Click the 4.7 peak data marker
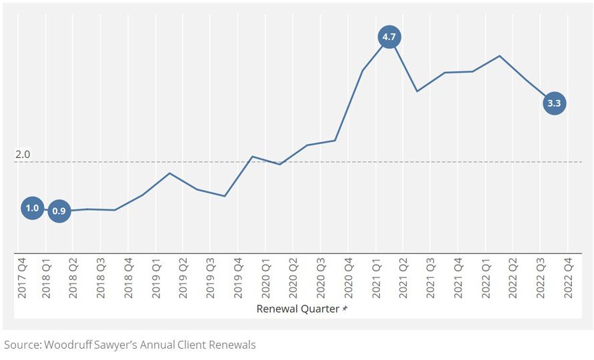pyautogui.click(x=389, y=37)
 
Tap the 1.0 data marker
pyautogui.click(x=32, y=208)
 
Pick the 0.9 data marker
pyautogui.click(x=59, y=211)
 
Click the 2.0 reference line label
pyautogui.click(x=23, y=155)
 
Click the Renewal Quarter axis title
pyautogui.click(x=298, y=309)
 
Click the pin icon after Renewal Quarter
pyautogui.click(x=345, y=309)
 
